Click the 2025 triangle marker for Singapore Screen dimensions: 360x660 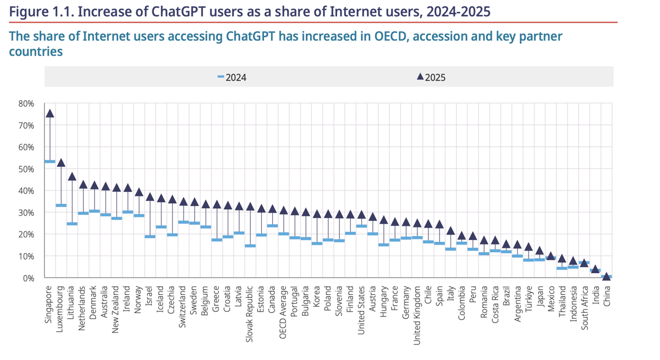(50, 113)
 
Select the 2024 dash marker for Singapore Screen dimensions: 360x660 (50, 162)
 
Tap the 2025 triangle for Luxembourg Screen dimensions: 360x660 (61, 163)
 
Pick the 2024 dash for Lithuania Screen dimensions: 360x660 (72, 224)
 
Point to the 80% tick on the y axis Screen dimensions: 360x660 (26, 103)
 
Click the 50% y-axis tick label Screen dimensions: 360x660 (26, 169)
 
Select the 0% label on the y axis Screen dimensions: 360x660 (28, 278)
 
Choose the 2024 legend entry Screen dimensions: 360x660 (232, 77)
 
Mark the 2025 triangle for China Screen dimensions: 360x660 (606, 276)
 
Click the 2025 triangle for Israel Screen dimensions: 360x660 (150, 196)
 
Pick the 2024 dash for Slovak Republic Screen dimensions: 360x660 (250, 246)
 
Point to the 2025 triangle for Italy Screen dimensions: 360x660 (450, 231)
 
